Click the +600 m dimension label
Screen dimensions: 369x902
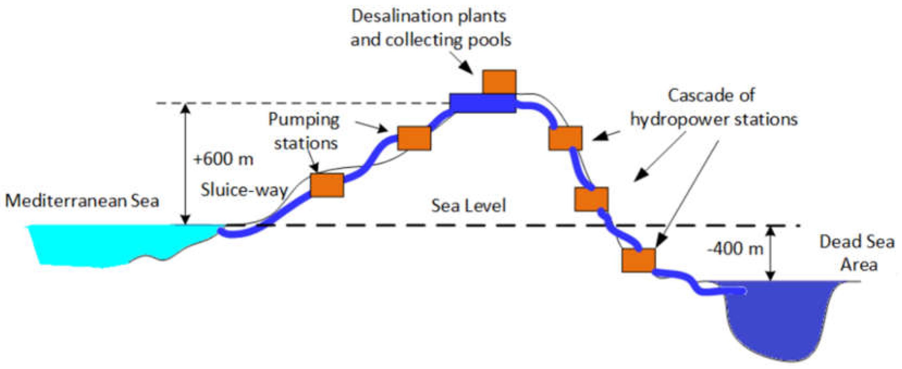(x=223, y=159)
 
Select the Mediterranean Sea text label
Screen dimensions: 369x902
(x=82, y=201)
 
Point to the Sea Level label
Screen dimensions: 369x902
(x=469, y=206)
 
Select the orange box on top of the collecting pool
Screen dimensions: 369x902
(x=499, y=82)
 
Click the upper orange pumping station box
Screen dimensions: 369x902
(x=414, y=138)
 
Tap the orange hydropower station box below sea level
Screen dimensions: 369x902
(x=638, y=261)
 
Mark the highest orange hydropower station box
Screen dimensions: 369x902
(x=565, y=138)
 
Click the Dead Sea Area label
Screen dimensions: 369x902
(x=857, y=253)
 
